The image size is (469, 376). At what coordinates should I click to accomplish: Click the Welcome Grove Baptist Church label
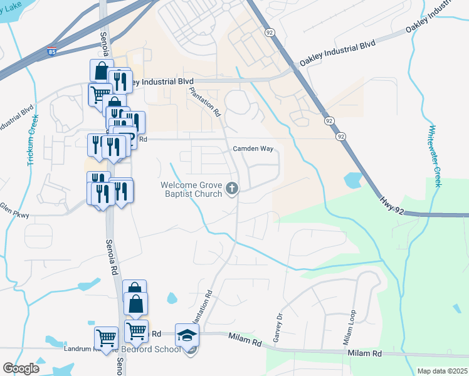[x=191, y=189]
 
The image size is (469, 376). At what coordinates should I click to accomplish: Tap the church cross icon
[x=232, y=187]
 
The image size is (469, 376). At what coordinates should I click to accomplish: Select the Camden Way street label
[x=253, y=149]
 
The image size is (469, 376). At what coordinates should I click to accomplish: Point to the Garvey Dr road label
[x=277, y=326]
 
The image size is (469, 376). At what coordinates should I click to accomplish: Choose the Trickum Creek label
[x=31, y=140]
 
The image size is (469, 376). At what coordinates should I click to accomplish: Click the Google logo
[x=21, y=368]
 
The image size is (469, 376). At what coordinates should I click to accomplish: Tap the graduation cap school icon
[x=187, y=335]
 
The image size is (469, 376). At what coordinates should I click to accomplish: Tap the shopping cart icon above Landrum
[x=107, y=338]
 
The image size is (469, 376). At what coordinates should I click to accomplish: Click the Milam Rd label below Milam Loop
[x=365, y=354]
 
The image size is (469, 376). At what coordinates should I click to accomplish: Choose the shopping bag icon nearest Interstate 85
[x=101, y=71]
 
